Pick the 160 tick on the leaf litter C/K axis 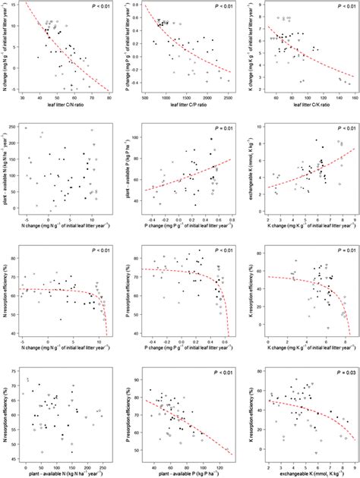(x=350, y=99)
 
